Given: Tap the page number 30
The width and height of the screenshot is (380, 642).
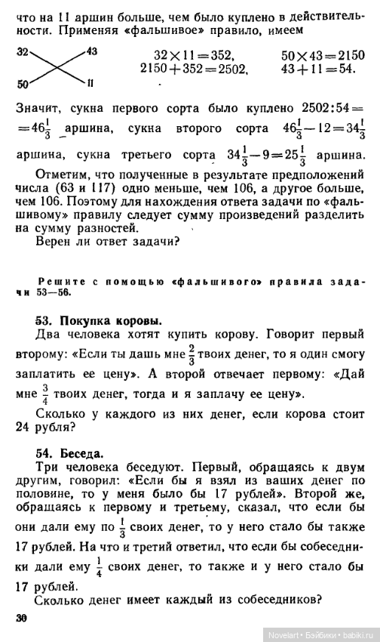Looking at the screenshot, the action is [x=20, y=619].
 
